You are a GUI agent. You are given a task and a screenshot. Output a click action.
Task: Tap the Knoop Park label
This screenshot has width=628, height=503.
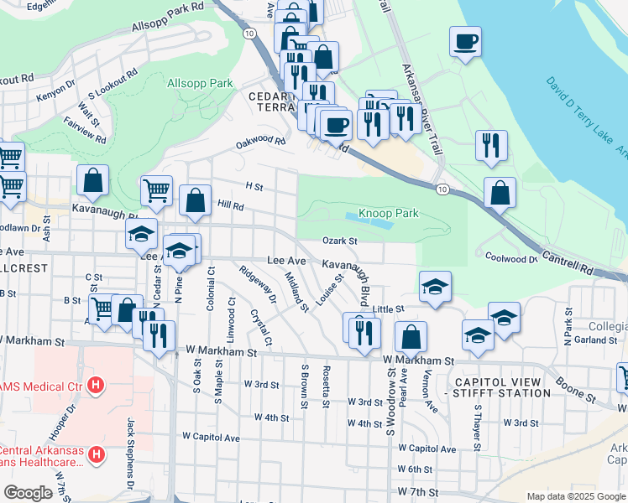[389, 214]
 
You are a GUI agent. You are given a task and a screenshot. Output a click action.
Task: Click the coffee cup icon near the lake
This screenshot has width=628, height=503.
[465, 41]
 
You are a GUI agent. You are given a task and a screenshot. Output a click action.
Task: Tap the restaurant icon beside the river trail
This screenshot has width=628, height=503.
[491, 145]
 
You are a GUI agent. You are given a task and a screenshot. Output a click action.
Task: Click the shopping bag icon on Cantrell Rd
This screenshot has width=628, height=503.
[500, 194]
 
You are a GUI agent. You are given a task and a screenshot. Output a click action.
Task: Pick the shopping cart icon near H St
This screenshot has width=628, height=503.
[157, 192]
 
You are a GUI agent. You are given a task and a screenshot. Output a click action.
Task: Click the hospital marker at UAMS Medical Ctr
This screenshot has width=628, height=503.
[96, 386]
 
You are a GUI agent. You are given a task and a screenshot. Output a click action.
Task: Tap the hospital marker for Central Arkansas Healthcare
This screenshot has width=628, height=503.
[96, 455]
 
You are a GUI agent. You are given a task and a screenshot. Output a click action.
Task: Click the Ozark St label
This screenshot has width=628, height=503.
[341, 241]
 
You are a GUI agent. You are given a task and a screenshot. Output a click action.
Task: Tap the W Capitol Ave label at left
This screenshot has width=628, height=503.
[212, 438]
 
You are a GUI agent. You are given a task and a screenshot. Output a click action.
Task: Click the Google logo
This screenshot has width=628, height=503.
[28, 493]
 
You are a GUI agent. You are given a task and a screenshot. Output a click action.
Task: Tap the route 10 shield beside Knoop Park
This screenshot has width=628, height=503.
[442, 190]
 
